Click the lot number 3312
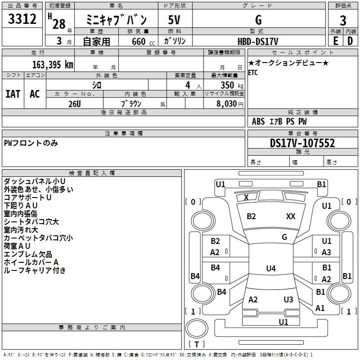22,19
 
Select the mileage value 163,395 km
53,65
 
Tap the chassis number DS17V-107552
302,143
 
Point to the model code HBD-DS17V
258,41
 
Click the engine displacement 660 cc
143,41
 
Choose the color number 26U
75,104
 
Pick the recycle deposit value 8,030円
230,104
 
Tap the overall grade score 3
343,20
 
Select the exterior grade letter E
335,41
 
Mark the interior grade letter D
350,41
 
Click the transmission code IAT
13,94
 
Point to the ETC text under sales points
253,72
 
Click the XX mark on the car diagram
291,216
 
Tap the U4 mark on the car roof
271,268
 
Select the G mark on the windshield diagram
284,237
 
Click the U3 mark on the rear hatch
288,299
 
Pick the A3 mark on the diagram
326,252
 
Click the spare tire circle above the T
197,328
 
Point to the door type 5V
174,20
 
